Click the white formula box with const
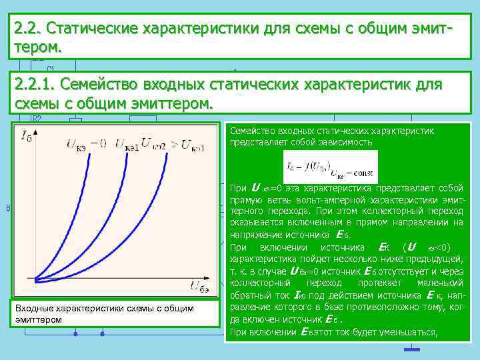tap(330, 167)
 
